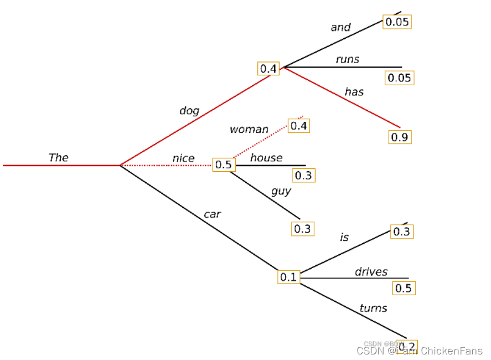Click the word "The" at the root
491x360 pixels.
[x=58, y=157]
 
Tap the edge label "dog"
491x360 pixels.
[x=189, y=111]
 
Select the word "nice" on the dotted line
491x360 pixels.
[x=183, y=158]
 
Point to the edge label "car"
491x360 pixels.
[x=212, y=214]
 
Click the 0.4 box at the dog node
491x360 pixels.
[x=268, y=69]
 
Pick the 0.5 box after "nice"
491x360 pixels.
[x=224, y=164]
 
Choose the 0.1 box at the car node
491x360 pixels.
[x=288, y=277]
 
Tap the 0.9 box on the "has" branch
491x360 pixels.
[x=400, y=137]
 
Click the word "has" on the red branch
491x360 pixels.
[x=354, y=92]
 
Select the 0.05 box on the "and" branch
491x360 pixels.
[x=398, y=22]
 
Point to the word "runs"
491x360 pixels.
[x=347, y=59]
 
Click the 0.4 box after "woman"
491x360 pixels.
[x=299, y=126]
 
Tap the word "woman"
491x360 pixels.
[x=249, y=130]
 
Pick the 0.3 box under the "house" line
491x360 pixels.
[x=303, y=176]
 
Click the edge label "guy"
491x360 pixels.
[x=281, y=191]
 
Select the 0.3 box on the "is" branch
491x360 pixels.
[x=401, y=232]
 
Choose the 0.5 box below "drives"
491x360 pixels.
[x=404, y=288]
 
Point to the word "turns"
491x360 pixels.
[x=373, y=308]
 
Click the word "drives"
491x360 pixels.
[x=371, y=272]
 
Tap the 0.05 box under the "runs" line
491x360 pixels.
[x=400, y=78]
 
